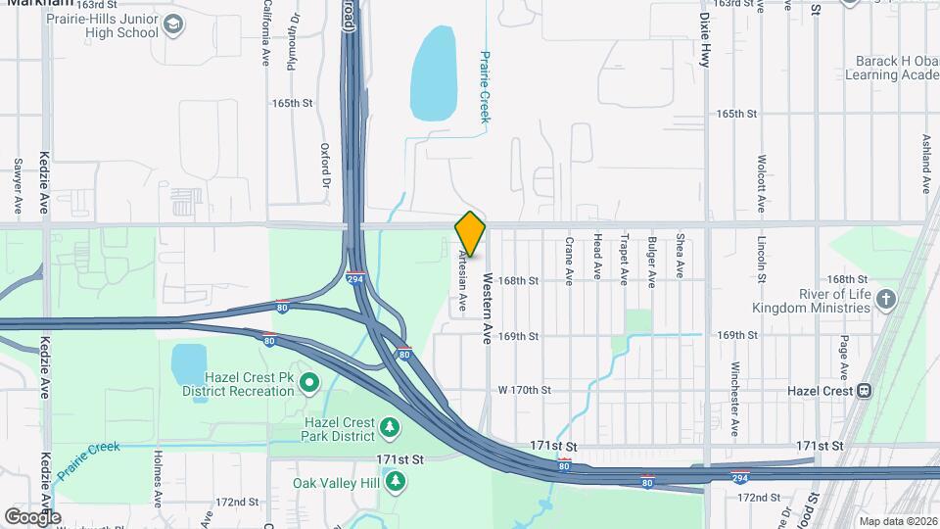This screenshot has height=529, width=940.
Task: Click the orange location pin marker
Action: tap(470, 234)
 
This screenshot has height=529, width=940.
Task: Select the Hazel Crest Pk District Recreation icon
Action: tap(309, 382)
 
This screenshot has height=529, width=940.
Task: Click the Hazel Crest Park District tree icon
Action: tap(390, 427)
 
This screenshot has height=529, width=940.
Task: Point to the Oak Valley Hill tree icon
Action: tap(396, 481)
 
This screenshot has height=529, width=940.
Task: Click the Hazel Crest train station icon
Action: tap(864, 390)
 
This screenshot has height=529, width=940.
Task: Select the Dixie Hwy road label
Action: tap(704, 39)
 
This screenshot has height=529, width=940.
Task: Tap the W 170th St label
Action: tap(525, 390)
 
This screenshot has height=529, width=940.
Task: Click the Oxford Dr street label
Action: tap(325, 165)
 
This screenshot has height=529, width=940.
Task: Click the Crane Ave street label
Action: tap(569, 261)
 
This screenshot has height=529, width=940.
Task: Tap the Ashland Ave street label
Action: tap(926, 164)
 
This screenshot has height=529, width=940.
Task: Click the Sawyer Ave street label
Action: tap(18, 187)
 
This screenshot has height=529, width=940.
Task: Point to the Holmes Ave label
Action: tap(158, 477)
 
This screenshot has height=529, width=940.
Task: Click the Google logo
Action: tap(32, 516)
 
